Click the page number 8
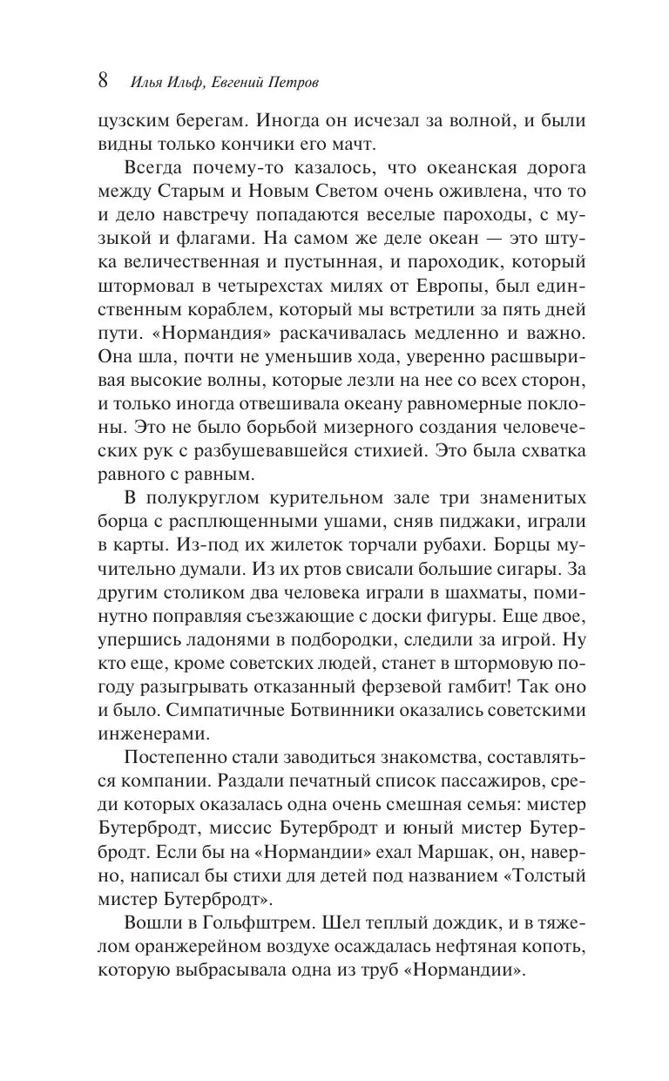pyautogui.click(x=103, y=82)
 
